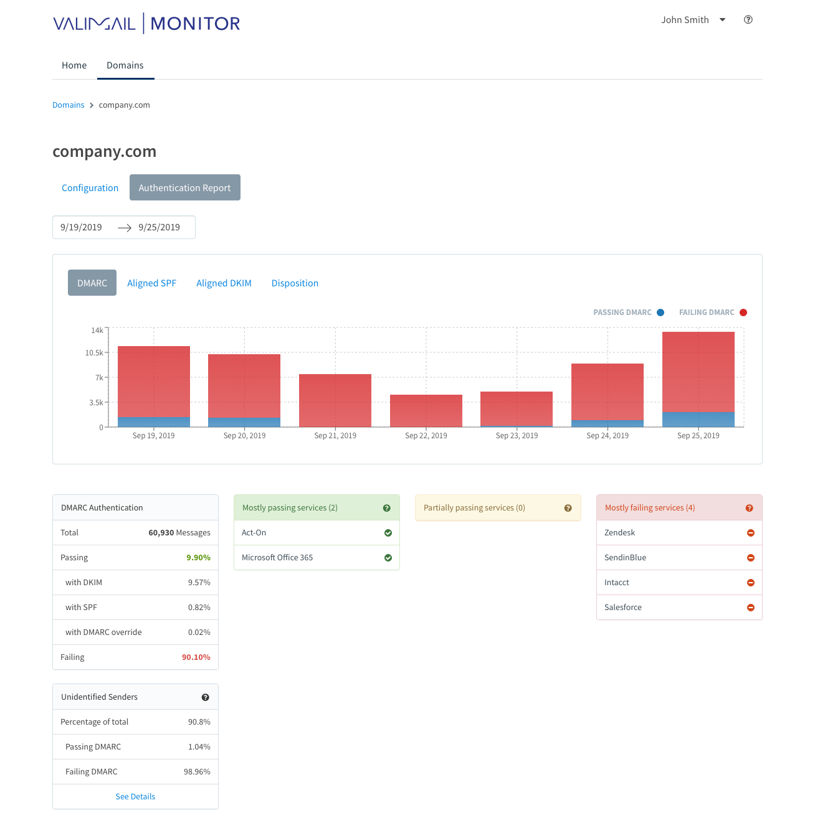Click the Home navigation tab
coord(74,65)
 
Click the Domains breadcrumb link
coord(68,105)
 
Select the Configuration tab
coord(90,188)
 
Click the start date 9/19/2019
coord(81,227)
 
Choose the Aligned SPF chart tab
coord(151,283)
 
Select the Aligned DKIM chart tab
coord(224,283)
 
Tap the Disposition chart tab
coord(295,283)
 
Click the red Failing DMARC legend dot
coord(743,313)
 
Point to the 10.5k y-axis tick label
coord(94,353)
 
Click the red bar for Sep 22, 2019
coord(426,410)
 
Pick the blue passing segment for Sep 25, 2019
coord(698,419)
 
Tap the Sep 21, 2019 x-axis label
coord(335,436)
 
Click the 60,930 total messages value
coord(161,533)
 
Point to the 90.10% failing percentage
coord(196,657)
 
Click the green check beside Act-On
coord(388,533)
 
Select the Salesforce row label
coord(622,608)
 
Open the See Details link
coord(135,797)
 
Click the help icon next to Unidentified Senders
coord(205,697)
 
